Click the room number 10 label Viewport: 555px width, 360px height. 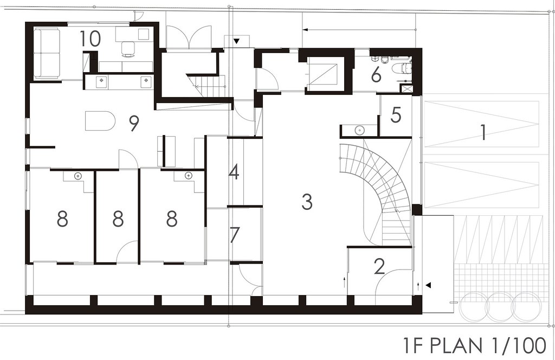point(91,38)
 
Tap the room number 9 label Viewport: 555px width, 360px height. point(134,123)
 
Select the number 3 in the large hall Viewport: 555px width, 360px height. point(307,202)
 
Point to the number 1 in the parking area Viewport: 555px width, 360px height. point(483,133)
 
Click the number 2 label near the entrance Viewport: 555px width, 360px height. point(379,267)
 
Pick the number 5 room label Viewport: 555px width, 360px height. point(395,115)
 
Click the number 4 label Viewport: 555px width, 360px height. point(234,172)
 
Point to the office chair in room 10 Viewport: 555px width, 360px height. point(128,48)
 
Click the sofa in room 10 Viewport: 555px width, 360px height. point(47,53)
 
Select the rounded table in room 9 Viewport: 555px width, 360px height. point(100,121)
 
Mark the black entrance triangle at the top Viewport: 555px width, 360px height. point(236,41)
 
